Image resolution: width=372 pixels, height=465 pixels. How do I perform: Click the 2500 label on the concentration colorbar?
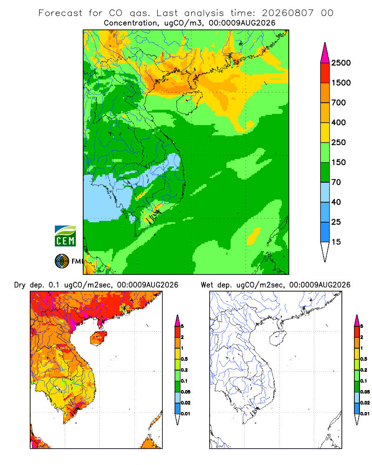341,63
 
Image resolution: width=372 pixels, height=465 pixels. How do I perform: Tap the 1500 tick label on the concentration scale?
341,83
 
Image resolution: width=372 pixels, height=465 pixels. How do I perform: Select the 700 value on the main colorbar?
339,103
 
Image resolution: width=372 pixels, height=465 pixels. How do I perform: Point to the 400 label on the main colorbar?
339,122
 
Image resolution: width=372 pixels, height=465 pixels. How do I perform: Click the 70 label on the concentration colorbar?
336,182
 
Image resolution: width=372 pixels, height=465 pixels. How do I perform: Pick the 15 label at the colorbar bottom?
336,242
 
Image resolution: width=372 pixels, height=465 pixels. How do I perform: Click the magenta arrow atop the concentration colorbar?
325,53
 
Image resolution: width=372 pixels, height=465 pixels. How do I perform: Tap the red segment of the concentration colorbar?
325,73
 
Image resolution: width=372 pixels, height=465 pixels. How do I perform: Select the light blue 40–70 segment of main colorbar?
325,192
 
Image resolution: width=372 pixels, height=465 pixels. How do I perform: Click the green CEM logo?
65,236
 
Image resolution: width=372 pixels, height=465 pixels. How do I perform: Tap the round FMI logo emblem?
62,261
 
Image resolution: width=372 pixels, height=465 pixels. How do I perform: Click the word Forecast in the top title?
60,13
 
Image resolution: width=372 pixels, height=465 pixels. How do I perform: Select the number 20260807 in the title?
287,13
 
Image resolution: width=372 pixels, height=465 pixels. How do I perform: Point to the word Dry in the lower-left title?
20,285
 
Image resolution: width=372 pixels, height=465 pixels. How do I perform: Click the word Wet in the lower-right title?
207,285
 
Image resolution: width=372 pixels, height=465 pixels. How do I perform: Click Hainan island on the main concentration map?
189,103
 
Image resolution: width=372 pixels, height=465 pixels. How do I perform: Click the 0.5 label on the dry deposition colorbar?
184,359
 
